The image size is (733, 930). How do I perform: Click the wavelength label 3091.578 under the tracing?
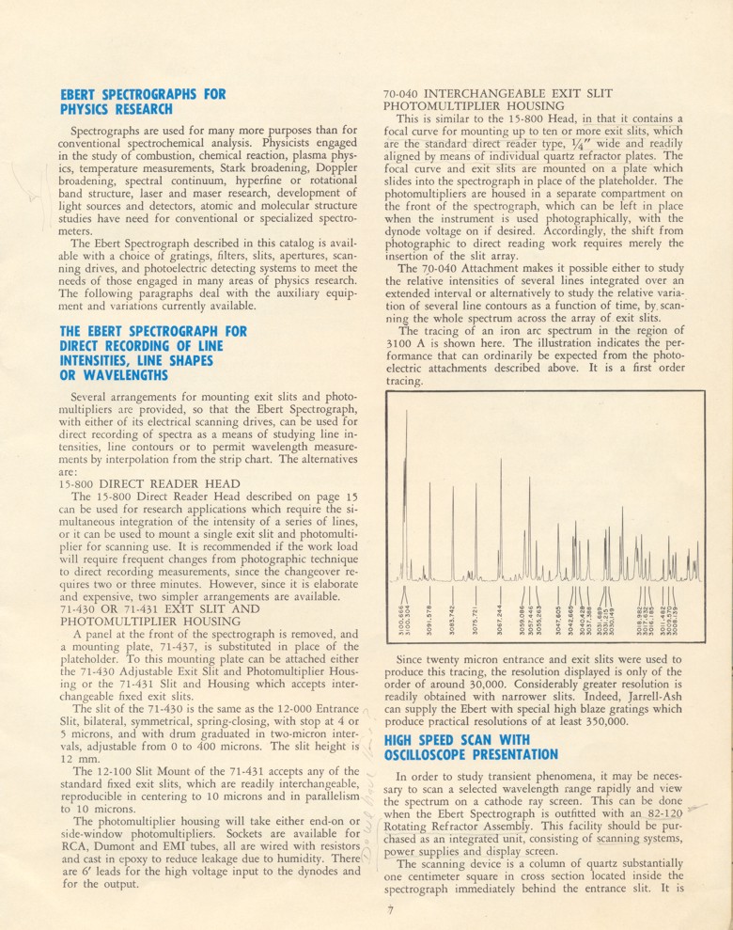pyautogui.click(x=429, y=617)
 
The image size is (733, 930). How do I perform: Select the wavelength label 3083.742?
pyautogui.click(x=453, y=617)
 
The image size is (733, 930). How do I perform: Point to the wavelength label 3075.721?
pyautogui.click(x=476, y=617)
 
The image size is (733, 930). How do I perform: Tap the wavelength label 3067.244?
pyautogui.click(x=500, y=617)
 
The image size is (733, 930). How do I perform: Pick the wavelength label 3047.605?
pyautogui.click(x=558, y=617)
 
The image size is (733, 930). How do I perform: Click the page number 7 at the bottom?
pyautogui.click(x=387, y=909)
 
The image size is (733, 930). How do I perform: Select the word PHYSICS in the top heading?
pyautogui.click(x=90, y=109)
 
